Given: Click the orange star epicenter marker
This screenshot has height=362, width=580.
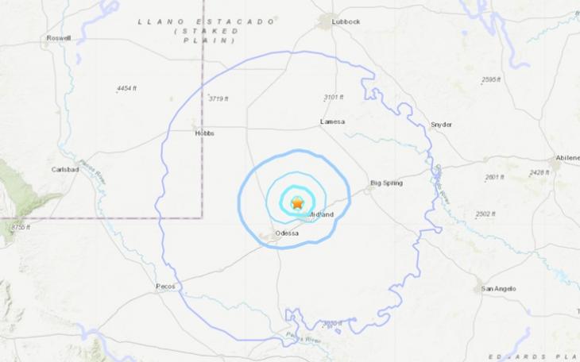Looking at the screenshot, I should [x=297, y=203].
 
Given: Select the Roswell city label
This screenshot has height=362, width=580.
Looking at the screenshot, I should [x=59, y=38].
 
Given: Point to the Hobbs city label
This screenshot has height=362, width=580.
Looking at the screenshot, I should [x=204, y=133].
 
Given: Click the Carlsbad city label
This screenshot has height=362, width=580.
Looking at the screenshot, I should [x=65, y=170].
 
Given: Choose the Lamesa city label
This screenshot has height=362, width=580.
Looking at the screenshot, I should [x=331, y=121].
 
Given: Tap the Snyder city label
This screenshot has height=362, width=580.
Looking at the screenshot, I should [x=441, y=125].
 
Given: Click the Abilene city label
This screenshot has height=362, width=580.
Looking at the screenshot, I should [x=568, y=158].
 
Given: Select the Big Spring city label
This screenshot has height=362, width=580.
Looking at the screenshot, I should [x=387, y=183].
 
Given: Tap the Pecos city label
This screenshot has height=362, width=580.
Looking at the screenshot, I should [x=166, y=286].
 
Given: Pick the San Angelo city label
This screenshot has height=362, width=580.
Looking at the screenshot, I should [x=499, y=288].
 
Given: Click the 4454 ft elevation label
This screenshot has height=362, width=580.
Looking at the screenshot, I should [x=127, y=87].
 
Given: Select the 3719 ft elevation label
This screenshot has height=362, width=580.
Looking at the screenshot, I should [x=218, y=98].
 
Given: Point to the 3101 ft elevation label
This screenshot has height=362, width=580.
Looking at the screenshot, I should [x=333, y=98].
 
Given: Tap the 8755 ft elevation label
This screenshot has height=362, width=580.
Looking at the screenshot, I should [x=20, y=228].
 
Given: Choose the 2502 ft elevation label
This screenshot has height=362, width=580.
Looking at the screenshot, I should [x=486, y=214].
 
